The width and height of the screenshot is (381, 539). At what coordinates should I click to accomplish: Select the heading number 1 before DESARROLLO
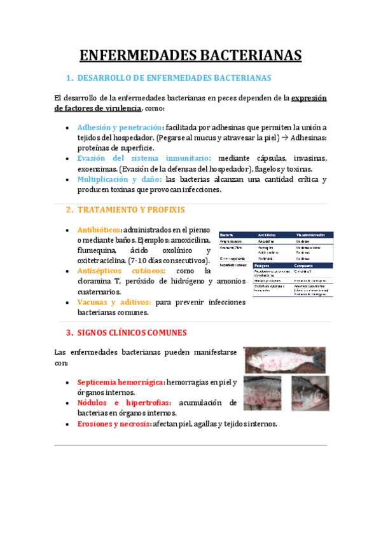(68, 78)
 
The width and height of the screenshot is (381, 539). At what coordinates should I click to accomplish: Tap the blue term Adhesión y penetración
(120, 127)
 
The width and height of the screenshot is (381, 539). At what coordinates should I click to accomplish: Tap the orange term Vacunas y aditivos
(114, 303)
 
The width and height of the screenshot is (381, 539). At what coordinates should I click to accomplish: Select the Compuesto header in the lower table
(305, 265)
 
